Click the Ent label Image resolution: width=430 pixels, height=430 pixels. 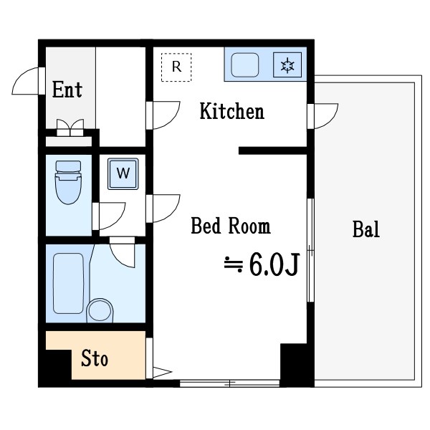67,90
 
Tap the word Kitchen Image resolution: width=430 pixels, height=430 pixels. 232,111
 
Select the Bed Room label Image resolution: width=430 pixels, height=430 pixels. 231,226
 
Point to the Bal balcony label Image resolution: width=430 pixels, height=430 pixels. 366,229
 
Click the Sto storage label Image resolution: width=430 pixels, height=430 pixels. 95,358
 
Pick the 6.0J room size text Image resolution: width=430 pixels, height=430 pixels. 274,264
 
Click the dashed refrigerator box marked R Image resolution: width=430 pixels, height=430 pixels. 176,67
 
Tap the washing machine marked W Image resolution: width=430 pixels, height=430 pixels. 123,174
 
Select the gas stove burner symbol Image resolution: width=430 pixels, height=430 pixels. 287,65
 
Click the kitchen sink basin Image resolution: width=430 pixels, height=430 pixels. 245,65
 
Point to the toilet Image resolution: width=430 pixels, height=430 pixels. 68,182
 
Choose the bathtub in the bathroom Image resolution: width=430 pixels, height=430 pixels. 68,283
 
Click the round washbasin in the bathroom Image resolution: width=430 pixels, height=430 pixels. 100,311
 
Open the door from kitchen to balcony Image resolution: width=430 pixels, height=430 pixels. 332,118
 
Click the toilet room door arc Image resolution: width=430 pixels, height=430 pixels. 118,221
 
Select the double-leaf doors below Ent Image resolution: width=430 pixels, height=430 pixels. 70,128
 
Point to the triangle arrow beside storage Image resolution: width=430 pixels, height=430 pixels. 163,372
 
